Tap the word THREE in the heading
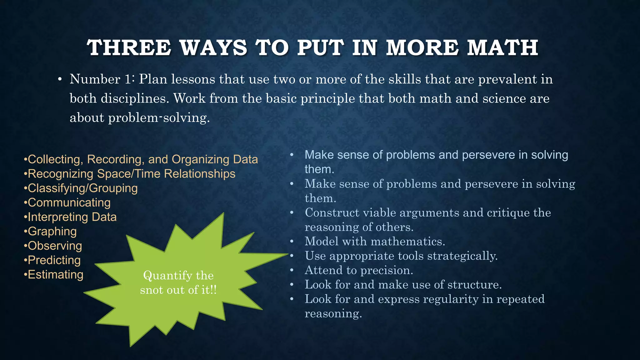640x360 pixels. (129, 48)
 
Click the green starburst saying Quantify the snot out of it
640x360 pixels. (178, 283)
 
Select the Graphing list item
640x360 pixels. (52, 232)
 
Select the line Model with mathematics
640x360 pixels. (375, 242)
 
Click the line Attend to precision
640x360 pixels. (359, 270)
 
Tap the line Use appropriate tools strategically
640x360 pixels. (401, 256)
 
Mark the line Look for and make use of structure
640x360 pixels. (403, 285)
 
